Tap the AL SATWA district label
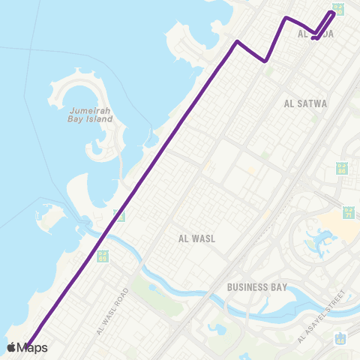point(306,103)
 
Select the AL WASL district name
point(196,238)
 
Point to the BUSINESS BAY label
point(258,286)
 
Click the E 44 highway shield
point(340,338)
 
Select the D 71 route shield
point(349,212)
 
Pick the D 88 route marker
point(342,169)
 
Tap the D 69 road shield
point(103,256)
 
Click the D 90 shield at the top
point(339,9)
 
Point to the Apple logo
point(11,347)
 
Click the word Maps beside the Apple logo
point(32,347)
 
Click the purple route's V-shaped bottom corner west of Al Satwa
point(266,61)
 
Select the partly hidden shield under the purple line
point(118,215)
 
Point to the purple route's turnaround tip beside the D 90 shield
point(334,13)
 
